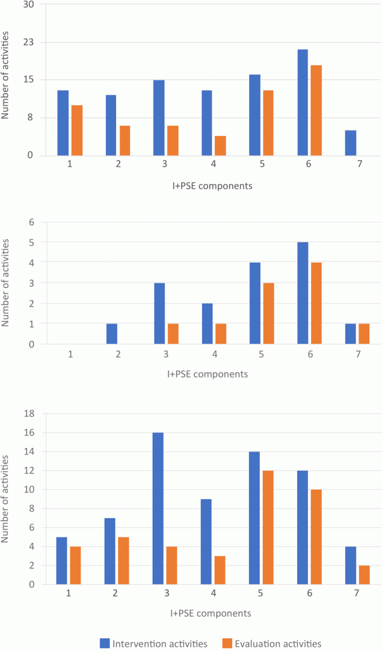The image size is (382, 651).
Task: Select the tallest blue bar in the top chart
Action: click(303, 102)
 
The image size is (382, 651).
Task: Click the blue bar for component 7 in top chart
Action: click(351, 143)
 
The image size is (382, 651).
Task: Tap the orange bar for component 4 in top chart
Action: click(220, 146)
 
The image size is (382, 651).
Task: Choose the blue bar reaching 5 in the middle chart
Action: click(303, 293)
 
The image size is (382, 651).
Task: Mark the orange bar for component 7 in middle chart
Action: click(364, 334)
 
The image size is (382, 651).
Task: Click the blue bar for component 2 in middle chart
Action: click(111, 334)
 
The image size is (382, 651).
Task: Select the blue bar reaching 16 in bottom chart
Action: click(158, 508)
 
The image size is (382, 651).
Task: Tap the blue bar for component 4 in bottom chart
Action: click(206, 542)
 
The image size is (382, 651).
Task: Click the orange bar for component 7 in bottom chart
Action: click(364, 575)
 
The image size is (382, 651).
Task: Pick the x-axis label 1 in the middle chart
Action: click(70, 355)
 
